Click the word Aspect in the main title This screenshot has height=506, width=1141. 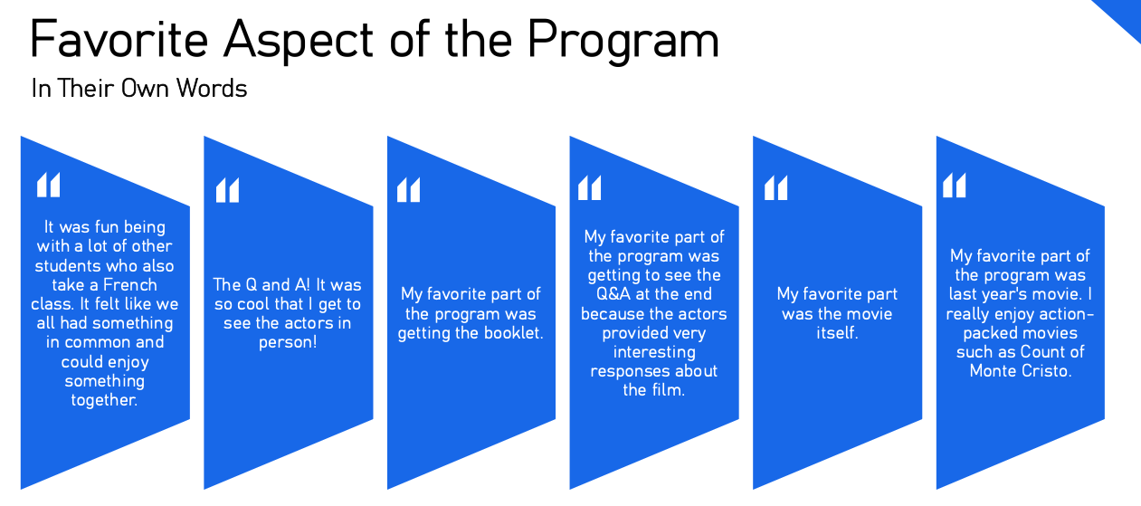tap(299, 41)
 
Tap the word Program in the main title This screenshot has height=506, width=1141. tap(623, 41)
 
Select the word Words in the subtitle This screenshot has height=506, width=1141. tap(212, 88)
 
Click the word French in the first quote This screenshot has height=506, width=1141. tap(130, 284)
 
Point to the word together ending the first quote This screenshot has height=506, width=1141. tap(104, 400)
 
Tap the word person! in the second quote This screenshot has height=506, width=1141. tap(288, 342)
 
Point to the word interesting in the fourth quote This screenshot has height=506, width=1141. tap(654, 352)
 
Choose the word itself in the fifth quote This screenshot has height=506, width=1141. tap(837, 333)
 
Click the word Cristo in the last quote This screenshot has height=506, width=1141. tap(1045, 371)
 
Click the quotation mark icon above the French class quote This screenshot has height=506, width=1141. tap(48, 185)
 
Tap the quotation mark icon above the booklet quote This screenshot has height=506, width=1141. tap(408, 189)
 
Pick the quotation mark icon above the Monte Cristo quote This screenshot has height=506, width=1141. tap(954, 185)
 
